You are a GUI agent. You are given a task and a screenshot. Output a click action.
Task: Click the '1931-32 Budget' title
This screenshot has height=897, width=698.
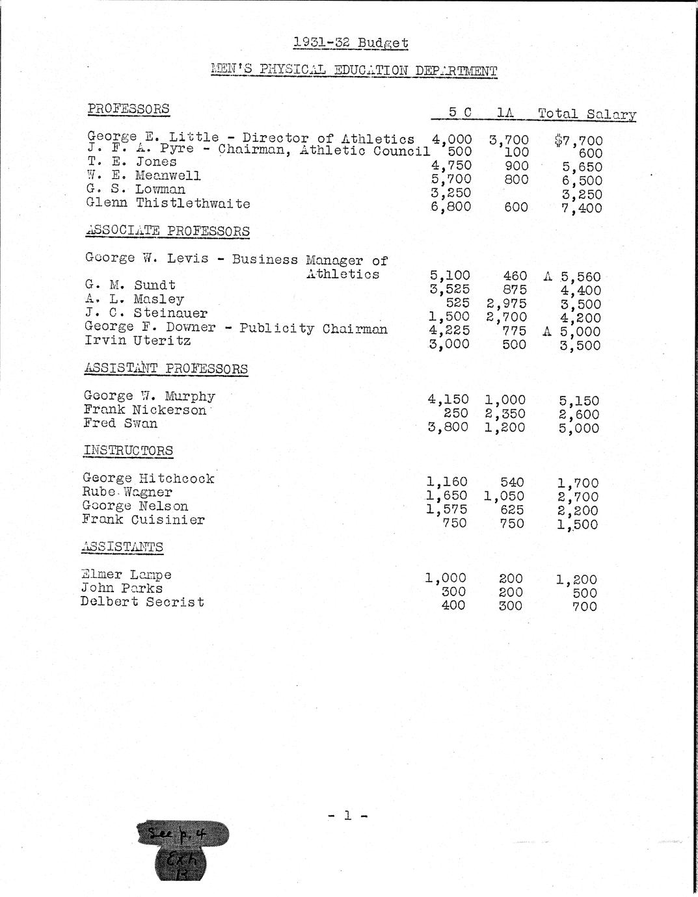(x=351, y=43)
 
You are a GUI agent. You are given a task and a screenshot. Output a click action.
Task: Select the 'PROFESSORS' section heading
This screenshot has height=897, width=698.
(x=128, y=109)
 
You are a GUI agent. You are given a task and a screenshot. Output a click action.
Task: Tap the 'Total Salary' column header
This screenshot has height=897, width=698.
(x=586, y=114)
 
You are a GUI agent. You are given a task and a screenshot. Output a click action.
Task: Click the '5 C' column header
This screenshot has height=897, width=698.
(x=460, y=112)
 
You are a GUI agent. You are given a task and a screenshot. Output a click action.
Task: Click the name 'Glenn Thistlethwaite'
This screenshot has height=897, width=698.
(x=168, y=203)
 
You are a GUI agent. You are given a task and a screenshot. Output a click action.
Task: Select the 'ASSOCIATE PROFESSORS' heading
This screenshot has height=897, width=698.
(x=167, y=231)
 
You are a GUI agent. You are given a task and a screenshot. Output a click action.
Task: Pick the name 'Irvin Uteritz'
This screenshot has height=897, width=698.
(x=137, y=341)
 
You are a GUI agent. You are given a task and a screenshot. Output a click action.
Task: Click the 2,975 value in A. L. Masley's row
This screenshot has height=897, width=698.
(x=506, y=304)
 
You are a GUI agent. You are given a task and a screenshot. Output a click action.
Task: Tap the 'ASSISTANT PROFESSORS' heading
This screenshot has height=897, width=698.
(x=166, y=369)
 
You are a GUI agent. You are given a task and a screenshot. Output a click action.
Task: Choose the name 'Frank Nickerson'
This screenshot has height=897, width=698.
(x=144, y=410)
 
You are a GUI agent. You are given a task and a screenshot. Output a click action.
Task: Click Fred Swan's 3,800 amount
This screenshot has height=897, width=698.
(x=448, y=427)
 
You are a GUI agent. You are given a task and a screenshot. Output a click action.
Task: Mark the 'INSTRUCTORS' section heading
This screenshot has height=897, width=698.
(x=128, y=450)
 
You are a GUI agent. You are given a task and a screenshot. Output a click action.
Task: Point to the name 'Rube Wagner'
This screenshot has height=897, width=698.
(x=128, y=493)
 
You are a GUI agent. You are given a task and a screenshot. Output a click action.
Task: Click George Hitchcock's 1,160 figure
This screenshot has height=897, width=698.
(x=447, y=482)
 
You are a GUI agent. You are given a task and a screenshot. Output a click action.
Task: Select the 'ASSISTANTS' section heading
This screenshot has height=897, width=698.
(x=122, y=547)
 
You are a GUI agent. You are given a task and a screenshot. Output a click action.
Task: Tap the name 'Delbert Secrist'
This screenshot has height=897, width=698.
(x=142, y=602)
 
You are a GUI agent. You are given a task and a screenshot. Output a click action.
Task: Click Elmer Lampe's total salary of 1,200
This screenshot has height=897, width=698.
(x=577, y=579)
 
